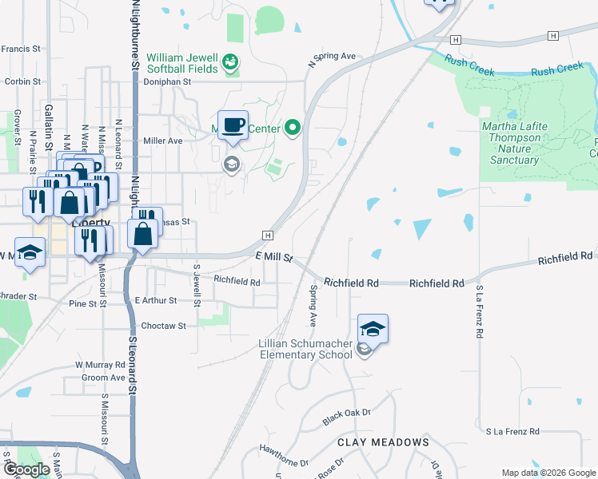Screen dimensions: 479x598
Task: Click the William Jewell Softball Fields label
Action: click(181, 63)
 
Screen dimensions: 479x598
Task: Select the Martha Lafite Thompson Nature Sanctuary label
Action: click(512, 143)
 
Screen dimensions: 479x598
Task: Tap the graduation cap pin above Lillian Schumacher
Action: click(373, 329)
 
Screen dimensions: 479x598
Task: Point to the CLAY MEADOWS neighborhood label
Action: click(383, 441)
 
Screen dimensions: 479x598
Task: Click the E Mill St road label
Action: click(275, 257)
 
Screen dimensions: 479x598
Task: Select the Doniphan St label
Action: click(168, 81)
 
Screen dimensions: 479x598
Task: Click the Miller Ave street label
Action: click(163, 141)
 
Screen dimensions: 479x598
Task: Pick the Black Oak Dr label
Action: click(347, 416)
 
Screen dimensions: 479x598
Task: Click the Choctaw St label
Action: click(163, 326)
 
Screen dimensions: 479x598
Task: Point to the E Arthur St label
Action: click(156, 301)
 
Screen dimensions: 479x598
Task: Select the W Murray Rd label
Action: click(101, 364)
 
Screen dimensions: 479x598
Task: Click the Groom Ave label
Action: click(104, 377)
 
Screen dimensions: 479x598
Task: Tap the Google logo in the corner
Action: click(26, 469)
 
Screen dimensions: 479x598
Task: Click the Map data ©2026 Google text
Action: click(548, 473)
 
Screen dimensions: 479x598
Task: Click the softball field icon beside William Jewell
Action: click(230, 62)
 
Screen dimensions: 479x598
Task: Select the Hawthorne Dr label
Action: click(283, 456)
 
